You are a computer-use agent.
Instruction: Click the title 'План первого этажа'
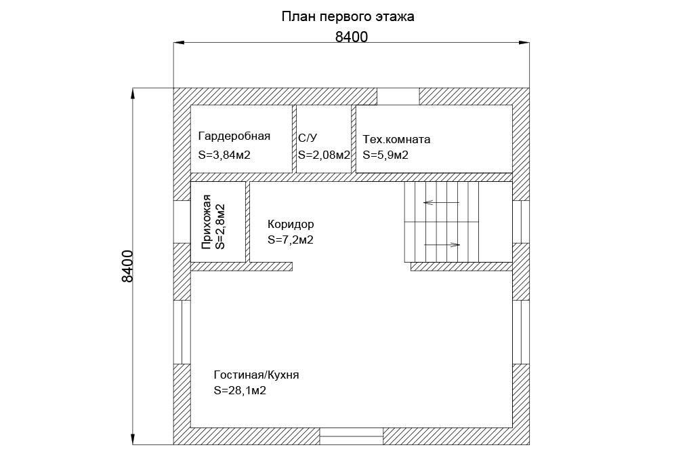tap(348, 17)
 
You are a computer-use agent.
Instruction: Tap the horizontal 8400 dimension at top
tap(351, 37)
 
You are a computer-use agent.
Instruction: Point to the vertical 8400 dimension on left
tap(127, 266)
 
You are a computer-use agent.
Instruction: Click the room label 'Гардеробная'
tap(234, 136)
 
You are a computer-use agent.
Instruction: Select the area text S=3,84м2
tap(224, 155)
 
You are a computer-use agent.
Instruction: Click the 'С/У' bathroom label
tap(307, 138)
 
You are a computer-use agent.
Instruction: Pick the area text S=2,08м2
tap(324, 155)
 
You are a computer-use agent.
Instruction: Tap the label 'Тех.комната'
tap(396, 140)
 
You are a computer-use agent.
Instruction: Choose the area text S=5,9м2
tap(385, 155)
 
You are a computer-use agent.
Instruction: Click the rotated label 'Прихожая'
tap(206, 222)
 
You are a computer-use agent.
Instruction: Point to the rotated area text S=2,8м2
tap(220, 227)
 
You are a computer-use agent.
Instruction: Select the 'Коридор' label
tap(291, 224)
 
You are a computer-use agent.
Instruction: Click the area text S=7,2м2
tap(291, 240)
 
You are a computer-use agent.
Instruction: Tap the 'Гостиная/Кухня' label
tap(256, 375)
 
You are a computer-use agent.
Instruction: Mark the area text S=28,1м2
tap(240, 391)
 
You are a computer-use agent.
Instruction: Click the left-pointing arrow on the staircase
tap(441, 203)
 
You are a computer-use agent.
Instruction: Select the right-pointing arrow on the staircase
tap(442, 244)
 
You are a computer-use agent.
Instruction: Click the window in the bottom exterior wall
tap(351, 436)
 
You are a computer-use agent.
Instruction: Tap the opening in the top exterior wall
tap(398, 96)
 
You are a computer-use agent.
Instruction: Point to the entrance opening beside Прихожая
tap(182, 222)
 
